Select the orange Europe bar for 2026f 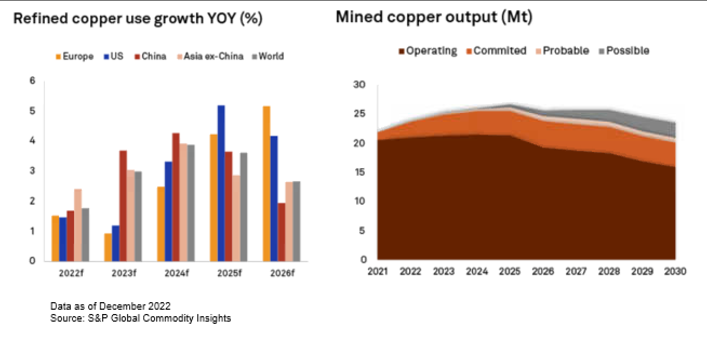(x=266, y=184)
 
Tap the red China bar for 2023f (x=123, y=205)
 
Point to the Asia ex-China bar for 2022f (x=78, y=225)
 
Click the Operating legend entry (x=427, y=51)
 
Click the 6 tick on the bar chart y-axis (x=32, y=81)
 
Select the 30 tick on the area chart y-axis (x=360, y=85)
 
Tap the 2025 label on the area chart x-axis (x=510, y=271)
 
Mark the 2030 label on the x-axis (x=675, y=271)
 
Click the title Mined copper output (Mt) (x=434, y=17)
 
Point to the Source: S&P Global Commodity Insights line (x=141, y=318)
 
